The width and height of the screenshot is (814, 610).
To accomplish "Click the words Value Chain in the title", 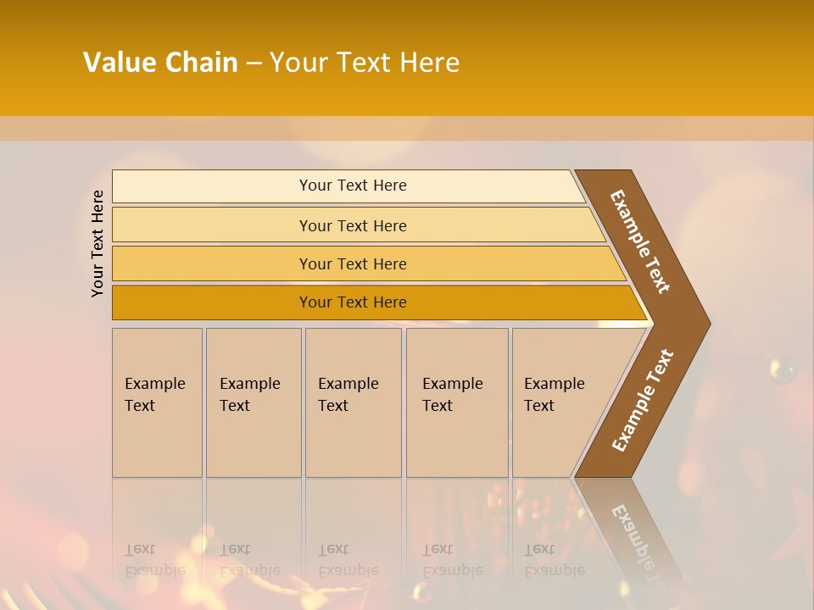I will click(160, 63).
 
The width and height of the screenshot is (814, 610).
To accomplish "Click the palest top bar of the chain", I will click(212, 186).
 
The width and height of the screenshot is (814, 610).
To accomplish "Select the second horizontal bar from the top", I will click(212, 225).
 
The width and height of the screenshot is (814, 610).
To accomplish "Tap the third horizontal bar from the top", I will click(212, 263).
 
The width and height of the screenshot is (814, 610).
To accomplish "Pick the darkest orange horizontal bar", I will click(212, 302).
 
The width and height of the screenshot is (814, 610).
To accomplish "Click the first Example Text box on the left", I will click(157, 402).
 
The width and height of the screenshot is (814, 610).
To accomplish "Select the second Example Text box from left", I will click(253, 402).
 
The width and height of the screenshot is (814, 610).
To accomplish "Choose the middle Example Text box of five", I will click(353, 402).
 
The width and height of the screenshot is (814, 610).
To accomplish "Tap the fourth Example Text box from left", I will click(457, 402).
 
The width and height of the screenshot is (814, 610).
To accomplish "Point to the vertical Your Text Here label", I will click(98, 243).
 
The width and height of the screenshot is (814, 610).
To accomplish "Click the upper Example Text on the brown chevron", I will click(640, 241).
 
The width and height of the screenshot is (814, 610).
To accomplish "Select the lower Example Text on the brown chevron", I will click(642, 400).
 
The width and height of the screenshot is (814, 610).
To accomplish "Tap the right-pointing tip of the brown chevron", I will click(705, 324).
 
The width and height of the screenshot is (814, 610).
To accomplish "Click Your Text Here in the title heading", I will click(365, 63).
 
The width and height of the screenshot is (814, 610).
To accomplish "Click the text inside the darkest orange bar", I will click(353, 302).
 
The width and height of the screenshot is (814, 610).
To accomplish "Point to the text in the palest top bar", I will click(353, 186).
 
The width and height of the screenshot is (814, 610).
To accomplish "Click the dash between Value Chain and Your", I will click(254, 64).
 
